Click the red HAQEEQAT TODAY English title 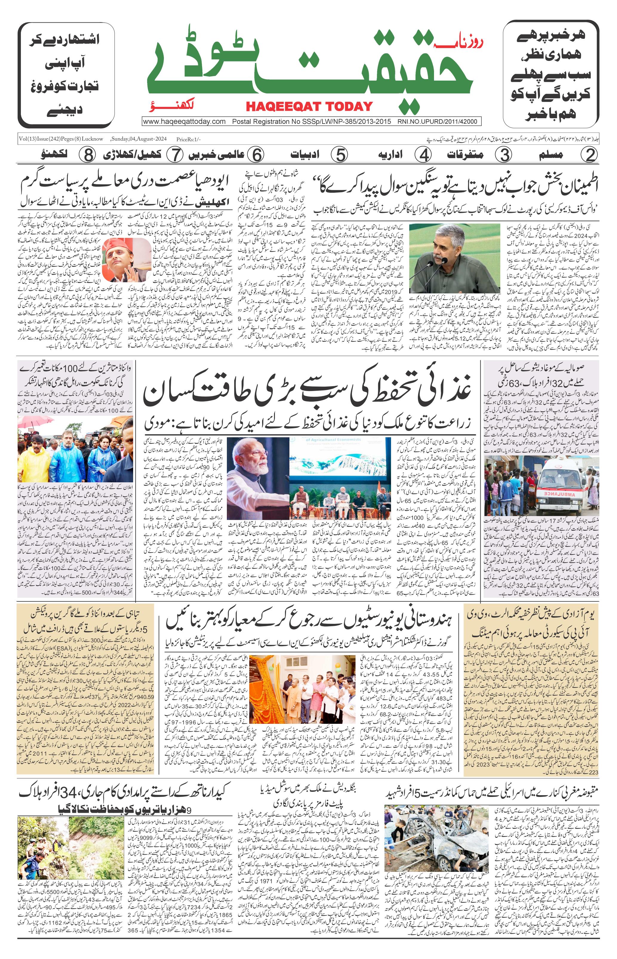tap(309, 106)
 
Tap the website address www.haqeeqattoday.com tap(184, 121)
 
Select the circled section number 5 tap(340, 155)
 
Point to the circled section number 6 tap(256, 155)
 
